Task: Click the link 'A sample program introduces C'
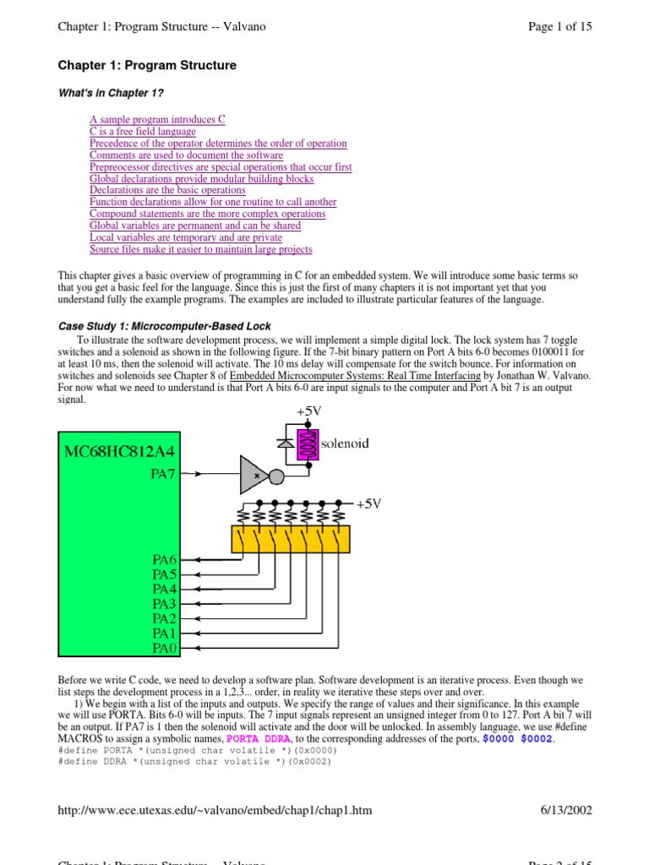click(x=157, y=120)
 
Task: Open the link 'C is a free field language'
click(x=143, y=132)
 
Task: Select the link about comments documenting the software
click(x=186, y=155)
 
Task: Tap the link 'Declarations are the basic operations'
click(x=167, y=190)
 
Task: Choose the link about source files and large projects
click(x=200, y=249)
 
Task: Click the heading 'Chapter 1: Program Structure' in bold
click(x=147, y=65)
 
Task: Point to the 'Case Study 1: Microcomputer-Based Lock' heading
click(x=164, y=326)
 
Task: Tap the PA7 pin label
click(x=163, y=474)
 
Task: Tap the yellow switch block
click(x=291, y=537)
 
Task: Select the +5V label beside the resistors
click(x=368, y=503)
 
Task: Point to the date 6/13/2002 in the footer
click(x=566, y=810)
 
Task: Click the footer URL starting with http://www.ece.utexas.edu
click(x=215, y=810)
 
